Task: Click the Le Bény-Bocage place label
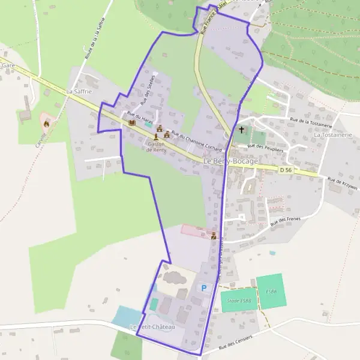pos(230,161)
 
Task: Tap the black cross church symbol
pos(242,130)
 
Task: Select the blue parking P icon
pos(203,288)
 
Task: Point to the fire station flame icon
pos(46,122)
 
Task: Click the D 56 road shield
pos(286,170)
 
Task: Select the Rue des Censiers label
pos(236,342)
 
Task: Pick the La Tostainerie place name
pos(332,136)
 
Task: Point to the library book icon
pos(132,123)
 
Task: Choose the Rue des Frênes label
pos(284,221)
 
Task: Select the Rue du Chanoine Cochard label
pos(197,142)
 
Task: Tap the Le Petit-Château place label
pos(152,326)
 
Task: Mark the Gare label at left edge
pos(8,65)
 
